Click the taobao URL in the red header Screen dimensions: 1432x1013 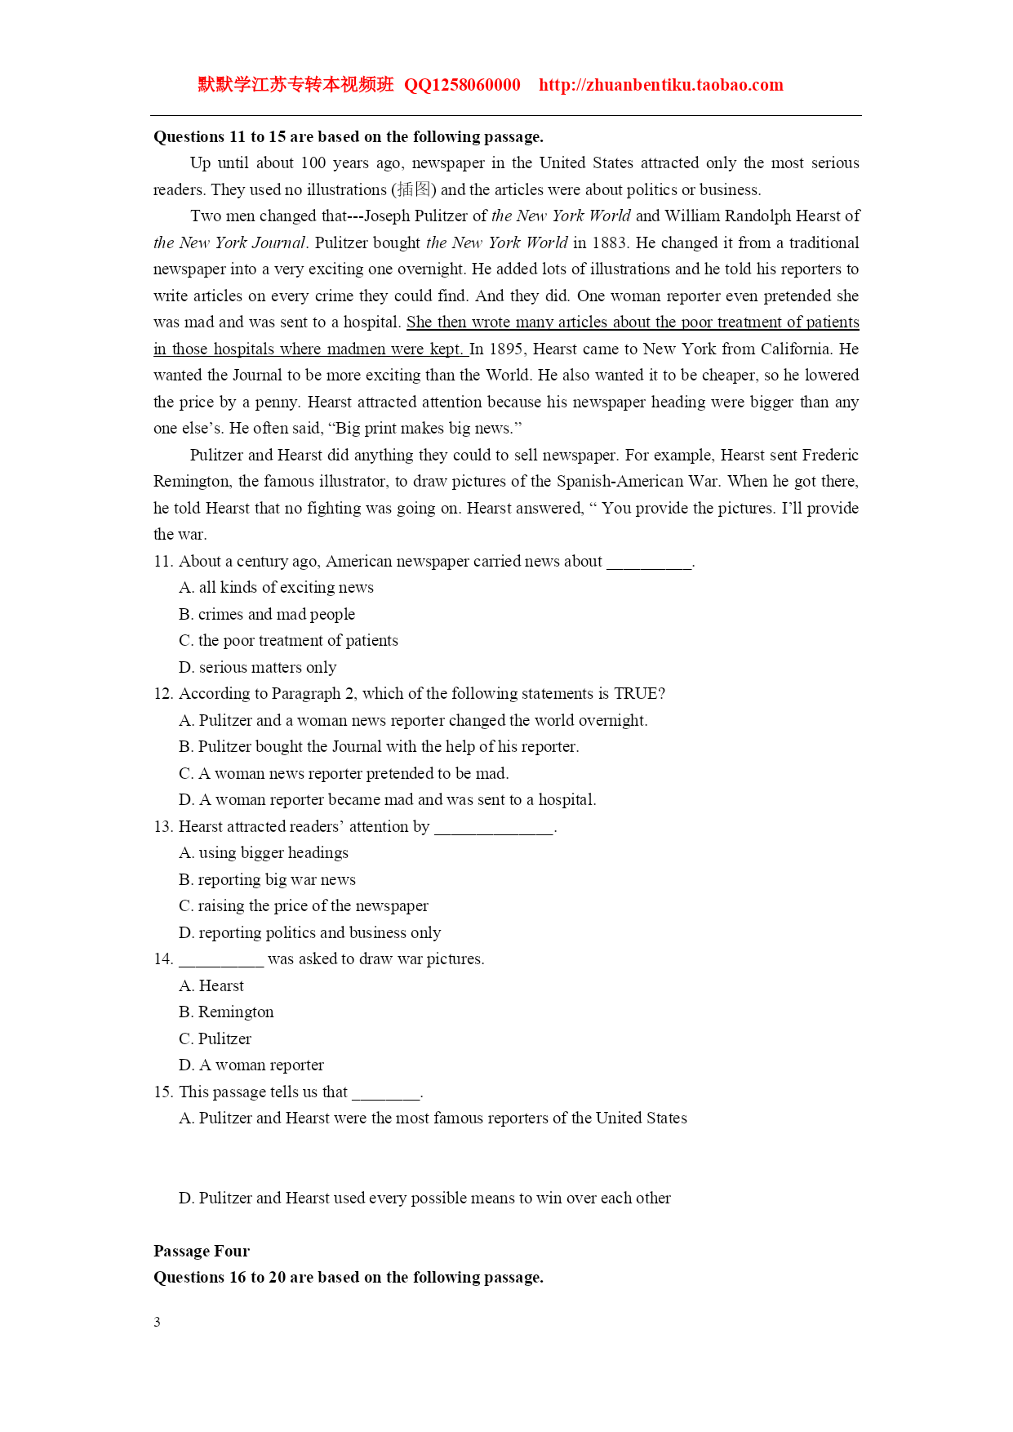660,85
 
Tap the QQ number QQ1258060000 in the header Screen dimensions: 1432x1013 462,85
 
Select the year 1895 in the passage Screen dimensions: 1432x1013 506,349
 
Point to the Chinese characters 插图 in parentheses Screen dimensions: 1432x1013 414,189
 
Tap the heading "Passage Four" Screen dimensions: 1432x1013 202,1251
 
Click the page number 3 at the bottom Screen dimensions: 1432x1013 157,1322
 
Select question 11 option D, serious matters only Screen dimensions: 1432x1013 257,667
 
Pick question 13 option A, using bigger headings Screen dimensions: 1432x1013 263,852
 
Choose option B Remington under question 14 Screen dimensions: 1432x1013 226,1012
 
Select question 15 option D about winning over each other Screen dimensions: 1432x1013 424,1198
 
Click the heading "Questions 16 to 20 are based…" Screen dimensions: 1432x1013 349,1277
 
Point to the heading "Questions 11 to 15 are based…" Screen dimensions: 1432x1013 349,136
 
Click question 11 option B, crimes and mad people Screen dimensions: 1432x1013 267,614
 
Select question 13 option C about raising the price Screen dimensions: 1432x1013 303,905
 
